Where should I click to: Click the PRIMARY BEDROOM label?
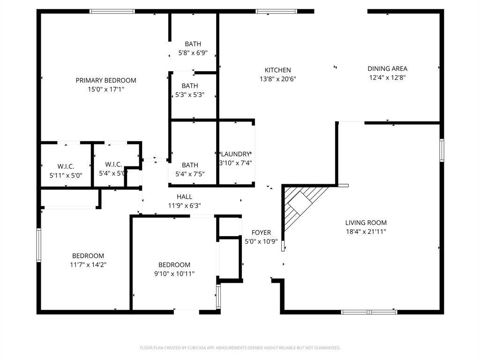pyautogui.click(x=106, y=80)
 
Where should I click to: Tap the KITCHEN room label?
pyautogui.click(x=278, y=70)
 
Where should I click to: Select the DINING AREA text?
pyautogui.click(x=387, y=68)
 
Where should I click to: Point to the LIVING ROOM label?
pyautogui.click(x=366, y=223)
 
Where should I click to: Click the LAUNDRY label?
pyautogui.click(x=235, y=154)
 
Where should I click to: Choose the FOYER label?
pyautogui.click(x=261, y=232)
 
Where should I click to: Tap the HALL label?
pyautogui.click(x=184, y=196)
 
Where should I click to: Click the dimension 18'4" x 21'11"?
pyautogui.click(x=366, y=232)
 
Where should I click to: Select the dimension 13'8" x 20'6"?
pyautogui.click(x=278, y=79)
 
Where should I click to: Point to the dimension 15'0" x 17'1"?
pyautogui.click(x=106, y=89)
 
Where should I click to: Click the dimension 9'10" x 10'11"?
pyautogui.click(x=174, y=274)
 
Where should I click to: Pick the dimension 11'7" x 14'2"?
pyautogui.click(x=88, y=265)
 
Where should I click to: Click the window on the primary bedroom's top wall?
pyautogui.click(x=112, y=11)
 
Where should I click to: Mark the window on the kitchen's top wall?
pyautogui.click(x=276, y=11)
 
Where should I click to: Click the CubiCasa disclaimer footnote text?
pyautogui.click(x=240, y=348)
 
